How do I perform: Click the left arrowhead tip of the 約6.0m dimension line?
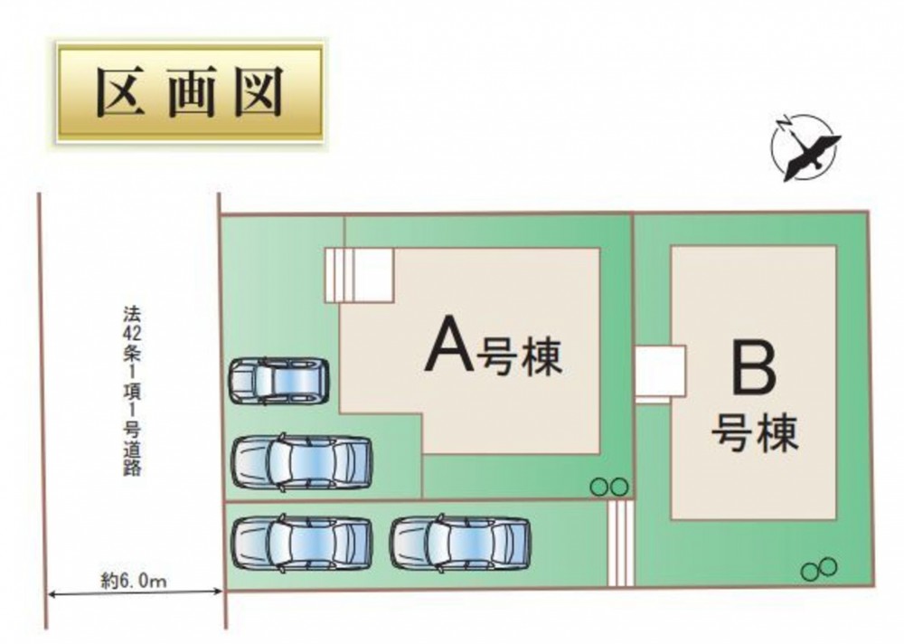click(47, 592)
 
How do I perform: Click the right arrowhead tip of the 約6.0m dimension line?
click(222, 591)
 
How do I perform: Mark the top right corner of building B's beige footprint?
click(836, 246)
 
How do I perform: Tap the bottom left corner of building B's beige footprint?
click(671, 517)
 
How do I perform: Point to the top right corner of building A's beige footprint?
click(600, 249)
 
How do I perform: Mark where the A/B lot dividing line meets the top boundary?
click(633, 214)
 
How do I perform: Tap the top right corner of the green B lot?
click(868, 213)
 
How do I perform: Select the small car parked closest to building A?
click(279, 380)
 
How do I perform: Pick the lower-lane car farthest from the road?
click(461, 543)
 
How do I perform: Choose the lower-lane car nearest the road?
click(302, 543)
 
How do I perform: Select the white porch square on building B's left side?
click(660, 374)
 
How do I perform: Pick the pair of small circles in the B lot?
click(819, 568)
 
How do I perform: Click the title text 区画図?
click(190, 92)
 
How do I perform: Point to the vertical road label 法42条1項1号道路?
click(131, 391)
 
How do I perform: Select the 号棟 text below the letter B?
click(755, 433)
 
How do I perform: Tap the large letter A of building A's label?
click(449, 346)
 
